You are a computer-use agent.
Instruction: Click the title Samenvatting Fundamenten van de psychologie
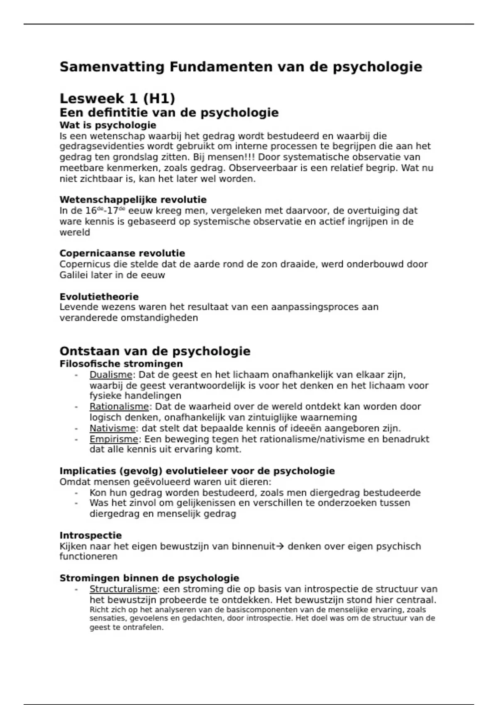pos(241,67)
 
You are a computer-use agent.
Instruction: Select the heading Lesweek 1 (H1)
pos(117,99)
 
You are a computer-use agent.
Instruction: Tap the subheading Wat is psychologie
pos(108,125)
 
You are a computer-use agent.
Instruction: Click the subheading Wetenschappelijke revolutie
pos(133,200)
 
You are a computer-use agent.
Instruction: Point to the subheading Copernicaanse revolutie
pos(122,253)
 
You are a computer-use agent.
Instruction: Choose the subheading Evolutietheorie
pos(99,297)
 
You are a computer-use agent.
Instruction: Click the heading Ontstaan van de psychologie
pos(155,351)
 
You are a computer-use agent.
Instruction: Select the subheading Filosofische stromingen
pos(121,364)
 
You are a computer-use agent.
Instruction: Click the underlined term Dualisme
pos(111,375)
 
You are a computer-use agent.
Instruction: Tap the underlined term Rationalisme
pos(119,407)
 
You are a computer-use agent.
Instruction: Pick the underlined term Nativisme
pos(112,428)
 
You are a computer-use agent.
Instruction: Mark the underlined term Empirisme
pos(114,439)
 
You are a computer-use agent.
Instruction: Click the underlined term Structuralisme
pos(123,589)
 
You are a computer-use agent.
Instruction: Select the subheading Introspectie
pos(90,535)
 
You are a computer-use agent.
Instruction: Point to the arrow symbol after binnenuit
pos(280,547)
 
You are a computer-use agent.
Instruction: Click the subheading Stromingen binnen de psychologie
pos(149,579)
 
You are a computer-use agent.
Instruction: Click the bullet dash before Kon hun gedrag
pos(76,493)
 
